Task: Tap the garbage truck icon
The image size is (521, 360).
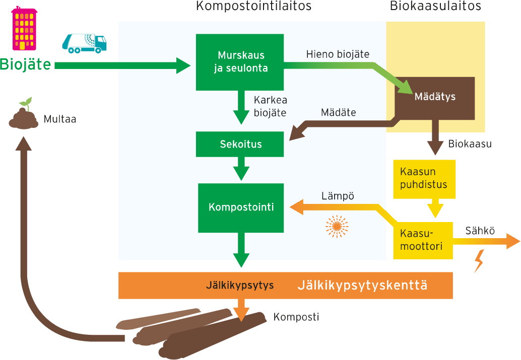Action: click(x=84, y=43)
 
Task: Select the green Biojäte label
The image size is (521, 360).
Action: click(x=25, y=65)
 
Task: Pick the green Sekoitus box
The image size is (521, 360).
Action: click(x=240, y=145)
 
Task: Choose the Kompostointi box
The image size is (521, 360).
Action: click(x=241, y=207)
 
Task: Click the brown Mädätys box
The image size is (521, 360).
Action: click(x=434, y=97)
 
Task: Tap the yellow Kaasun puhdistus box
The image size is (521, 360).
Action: click(x=423, y=178)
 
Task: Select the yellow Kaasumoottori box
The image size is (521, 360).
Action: click(x=422, y=240)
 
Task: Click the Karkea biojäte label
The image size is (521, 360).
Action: click(x=270, y=106)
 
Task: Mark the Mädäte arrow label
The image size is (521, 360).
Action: click(x=339, y=112)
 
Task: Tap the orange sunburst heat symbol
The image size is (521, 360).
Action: click(x=337, y=226)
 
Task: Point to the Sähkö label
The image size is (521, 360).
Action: click(x=480, y=231)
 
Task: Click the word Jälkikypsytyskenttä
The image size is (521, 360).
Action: click(x=362, y=285)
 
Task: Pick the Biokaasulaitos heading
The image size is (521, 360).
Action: click(x=435, y=6)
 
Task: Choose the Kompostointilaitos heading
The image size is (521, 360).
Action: click(x=253, y=6)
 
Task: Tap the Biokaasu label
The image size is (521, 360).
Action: click(x=470, y=144)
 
